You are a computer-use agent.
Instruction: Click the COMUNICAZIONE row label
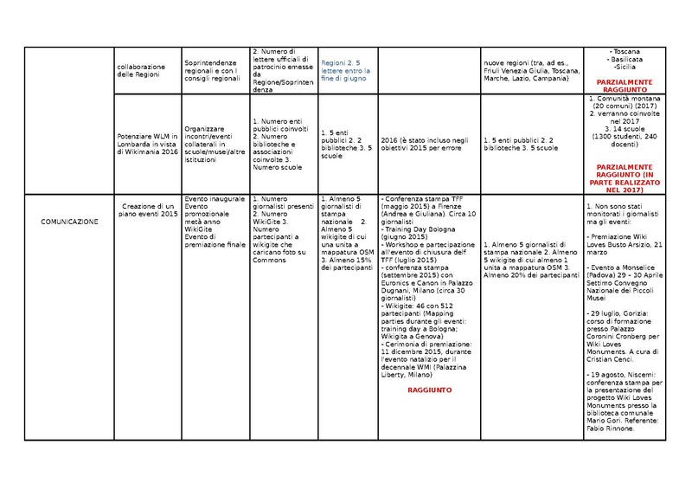(70, 222)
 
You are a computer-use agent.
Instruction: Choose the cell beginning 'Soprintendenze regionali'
(213, 69)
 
